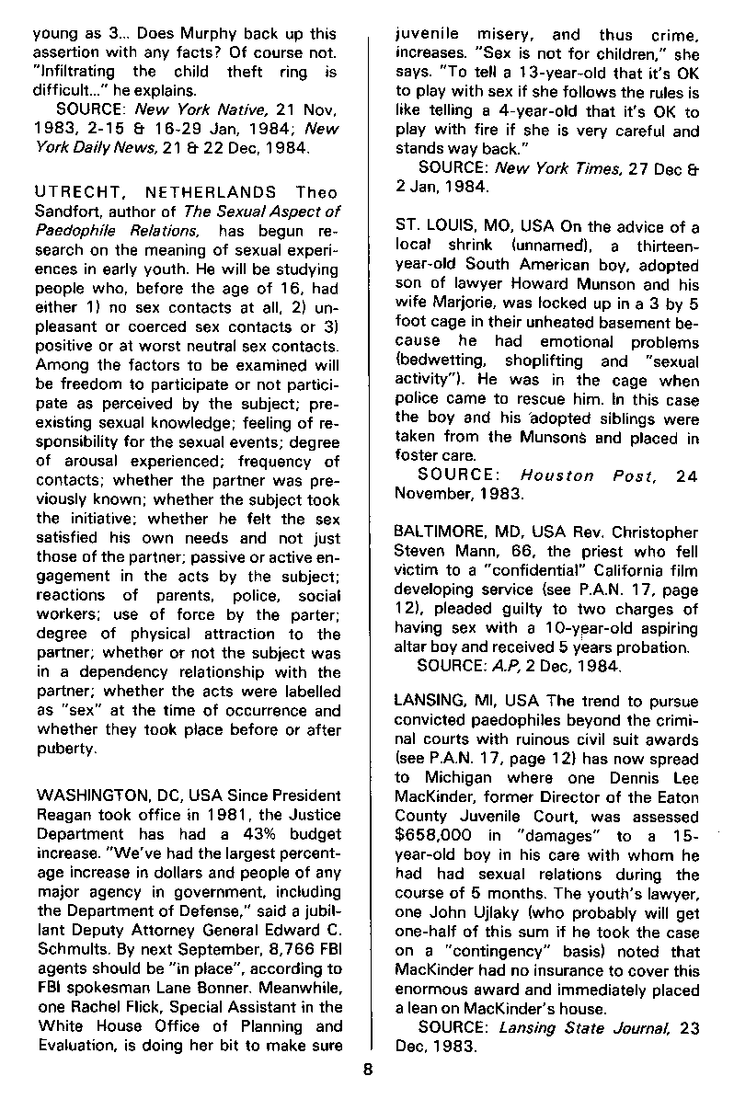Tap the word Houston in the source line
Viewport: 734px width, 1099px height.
(557, 475)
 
